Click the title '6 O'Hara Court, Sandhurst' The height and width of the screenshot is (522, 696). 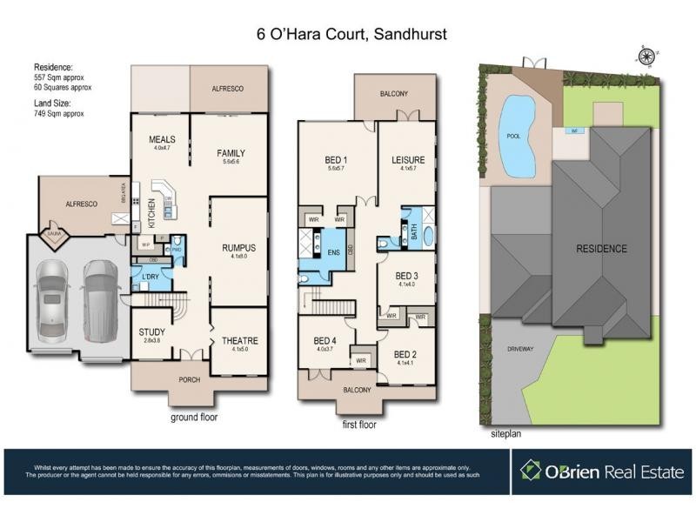point(347,35)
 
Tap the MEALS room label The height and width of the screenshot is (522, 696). point(163,138)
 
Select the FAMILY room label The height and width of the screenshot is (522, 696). point(231,153)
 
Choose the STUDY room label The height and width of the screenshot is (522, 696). point(152,331)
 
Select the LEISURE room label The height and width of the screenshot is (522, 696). point(407,159)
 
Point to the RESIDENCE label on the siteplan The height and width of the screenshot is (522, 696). point(601,249)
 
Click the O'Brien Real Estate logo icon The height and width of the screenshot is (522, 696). point(531,471)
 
